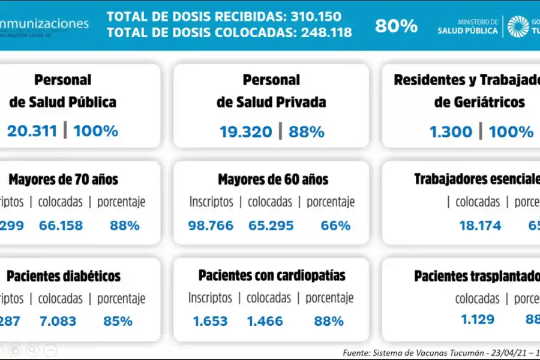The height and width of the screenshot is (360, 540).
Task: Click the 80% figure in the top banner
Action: pyautogui.click(x=396, y=26)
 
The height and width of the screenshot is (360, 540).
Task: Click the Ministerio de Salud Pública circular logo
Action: pyautogui.click(x=518, y=26)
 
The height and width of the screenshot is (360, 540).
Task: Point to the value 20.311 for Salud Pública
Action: pyautogui.click(x=32, y=131)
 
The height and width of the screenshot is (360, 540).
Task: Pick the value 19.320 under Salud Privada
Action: pyautogui.click(x=245, y=132)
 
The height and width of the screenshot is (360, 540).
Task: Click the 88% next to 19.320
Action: pyautogui.click(x=307, y=132)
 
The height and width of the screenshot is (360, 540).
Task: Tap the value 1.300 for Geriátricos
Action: pyautogui.click(x=451, y=132)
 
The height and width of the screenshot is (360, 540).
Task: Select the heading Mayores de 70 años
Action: pyautogui.click(x=64, y=179)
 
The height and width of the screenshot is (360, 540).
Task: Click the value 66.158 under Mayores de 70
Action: pyautogui.click(x=61, y=226)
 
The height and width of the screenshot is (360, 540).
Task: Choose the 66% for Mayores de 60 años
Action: pyautogui.click(x=335, y=226)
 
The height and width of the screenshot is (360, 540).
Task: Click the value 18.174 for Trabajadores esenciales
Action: pyautogui.click(x=479, y=226)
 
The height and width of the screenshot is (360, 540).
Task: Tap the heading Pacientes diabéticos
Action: pyautogui.click(x=64, y=276)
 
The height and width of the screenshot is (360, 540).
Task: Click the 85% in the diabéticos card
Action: pyautogui.click(x=118, y=321)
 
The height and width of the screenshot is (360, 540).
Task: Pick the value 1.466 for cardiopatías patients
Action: pyautogui.click(x=265, y=321)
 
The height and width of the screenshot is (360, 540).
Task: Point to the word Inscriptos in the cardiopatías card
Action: pyautogui.click(x=210, y=298)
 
